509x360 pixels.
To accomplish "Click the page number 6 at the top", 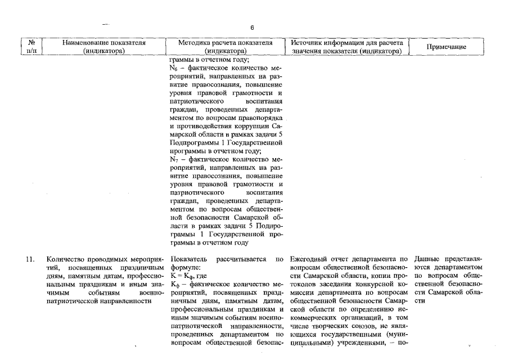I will pyautogui.click(x=253, y=28).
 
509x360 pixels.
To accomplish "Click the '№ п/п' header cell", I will pyautogui.click(x=31, y=47).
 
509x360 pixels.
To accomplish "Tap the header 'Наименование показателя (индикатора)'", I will pyautogui.click(x=104, y=47).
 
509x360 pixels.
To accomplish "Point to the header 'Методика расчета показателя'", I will pyautogui.click(x=226, y=42).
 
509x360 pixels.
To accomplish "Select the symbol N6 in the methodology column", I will pyautogui.click(x=174, y=67).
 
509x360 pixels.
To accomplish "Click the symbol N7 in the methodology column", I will pyautogui.click(x=174, y=160).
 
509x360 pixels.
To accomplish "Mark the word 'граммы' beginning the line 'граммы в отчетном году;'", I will pyautogui.click(x=181, y=59).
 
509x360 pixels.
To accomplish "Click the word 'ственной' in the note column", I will pyautogui.click(x=430, y=284).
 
